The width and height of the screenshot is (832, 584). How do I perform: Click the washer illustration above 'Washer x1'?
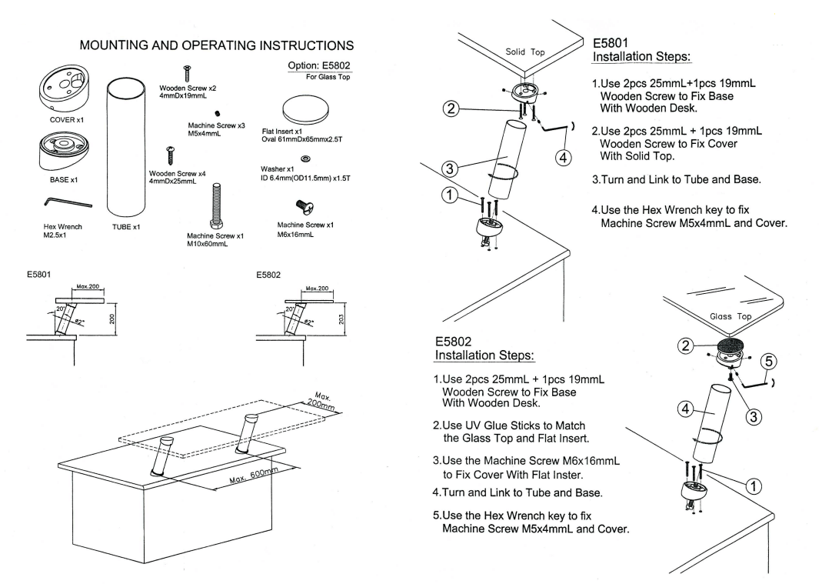coord(305,159)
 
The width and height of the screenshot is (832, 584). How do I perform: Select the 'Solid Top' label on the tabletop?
coord(525,52)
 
